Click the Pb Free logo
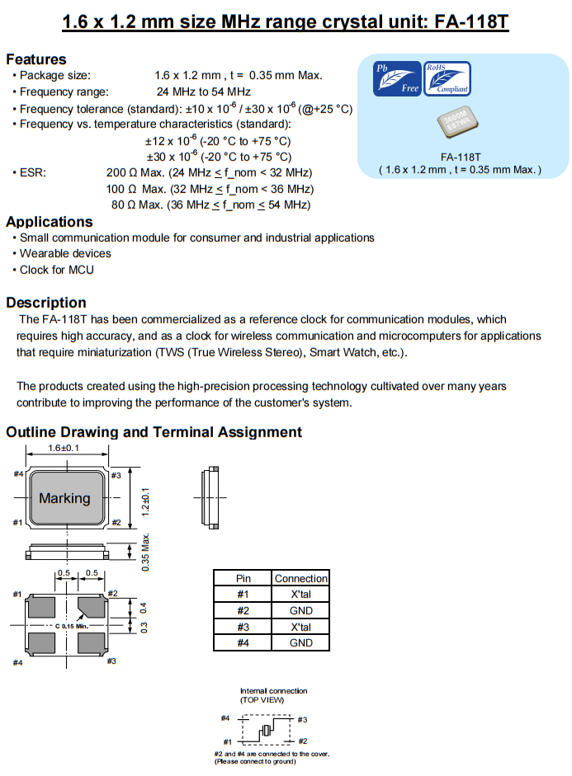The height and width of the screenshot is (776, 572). tap(398, 78)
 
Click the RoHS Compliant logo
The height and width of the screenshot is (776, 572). tap(447, 78)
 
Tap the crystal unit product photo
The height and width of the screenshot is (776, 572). tap(459, 125)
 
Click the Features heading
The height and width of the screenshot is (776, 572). tap(36, 59)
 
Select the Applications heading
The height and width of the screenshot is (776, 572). tap(50, 222)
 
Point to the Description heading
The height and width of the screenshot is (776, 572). tap(46, 303)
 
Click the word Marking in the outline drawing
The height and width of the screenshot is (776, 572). tap(64, 498)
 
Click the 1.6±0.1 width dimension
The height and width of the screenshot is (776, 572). tap(64, 449)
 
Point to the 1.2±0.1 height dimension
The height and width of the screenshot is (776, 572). tap(145, 501)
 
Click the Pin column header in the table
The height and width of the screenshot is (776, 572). tap(243, 578)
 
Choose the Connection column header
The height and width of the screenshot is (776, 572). tap(301, 578)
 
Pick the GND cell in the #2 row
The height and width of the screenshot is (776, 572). tap(301, 611)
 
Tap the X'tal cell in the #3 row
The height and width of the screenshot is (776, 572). tap(301, 627)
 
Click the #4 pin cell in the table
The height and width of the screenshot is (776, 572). tap(243, 642)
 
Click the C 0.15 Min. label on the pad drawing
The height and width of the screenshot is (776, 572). tap(79, 627)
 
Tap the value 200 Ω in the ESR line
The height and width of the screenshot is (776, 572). tap(121, 172)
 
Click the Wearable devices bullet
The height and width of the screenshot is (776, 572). tap(65, 254)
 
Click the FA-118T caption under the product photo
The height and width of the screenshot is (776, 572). tap(460, 157)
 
